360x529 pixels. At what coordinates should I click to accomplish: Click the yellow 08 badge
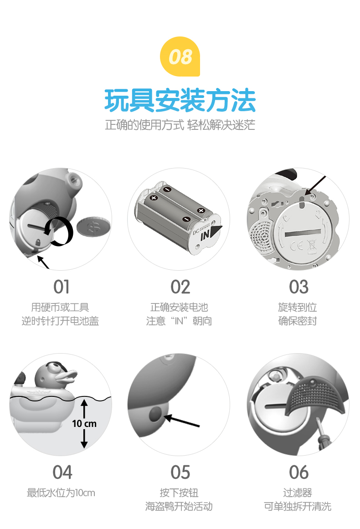point(180,56)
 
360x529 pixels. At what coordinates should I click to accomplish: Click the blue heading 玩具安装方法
point(180,100)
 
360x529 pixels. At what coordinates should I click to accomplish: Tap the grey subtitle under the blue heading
point(180,125)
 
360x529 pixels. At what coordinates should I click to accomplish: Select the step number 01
point(62,287)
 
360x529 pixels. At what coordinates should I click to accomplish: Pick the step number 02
point(180,287)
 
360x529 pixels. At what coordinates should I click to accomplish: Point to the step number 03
point(298,287)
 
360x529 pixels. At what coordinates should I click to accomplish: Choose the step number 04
point(62,472)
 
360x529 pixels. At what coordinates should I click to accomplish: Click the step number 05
point(180,472)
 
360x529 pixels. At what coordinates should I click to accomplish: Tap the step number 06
point(298,472)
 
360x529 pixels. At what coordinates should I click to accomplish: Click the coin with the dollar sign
point(93,227)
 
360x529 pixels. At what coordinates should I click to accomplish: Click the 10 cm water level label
point(84,423)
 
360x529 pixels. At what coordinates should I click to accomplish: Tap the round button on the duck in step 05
point(155,414)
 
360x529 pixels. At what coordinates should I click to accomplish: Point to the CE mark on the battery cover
point(297,245)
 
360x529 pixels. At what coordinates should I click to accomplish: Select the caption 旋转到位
point(297,307)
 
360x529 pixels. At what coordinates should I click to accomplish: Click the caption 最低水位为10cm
point(61,493)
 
